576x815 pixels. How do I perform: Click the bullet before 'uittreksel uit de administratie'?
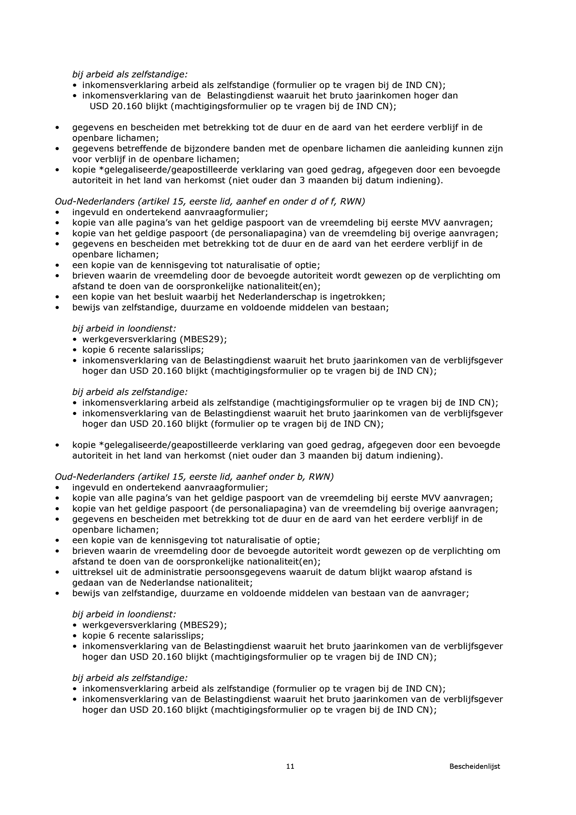click(57, 572)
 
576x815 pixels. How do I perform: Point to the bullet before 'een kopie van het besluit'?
click(57, 297)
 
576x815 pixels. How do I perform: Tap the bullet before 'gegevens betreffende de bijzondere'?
click(57, 149)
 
